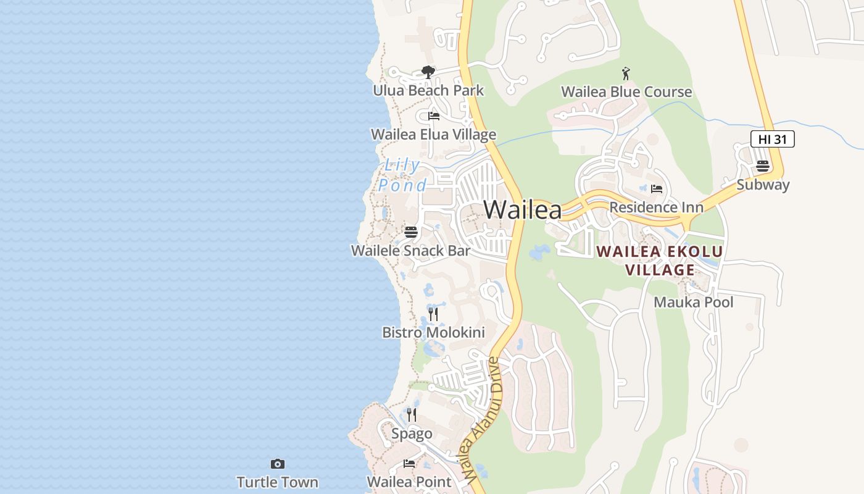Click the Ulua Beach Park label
tap(428, 91)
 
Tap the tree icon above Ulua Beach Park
tap(428, 73)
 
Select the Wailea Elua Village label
tap(433, 135)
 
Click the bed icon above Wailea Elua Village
tap(434, 116)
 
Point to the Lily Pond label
tap(402, 175)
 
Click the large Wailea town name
tap(523, 210)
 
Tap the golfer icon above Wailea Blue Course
tap(626, 73)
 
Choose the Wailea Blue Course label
tap(626, 92)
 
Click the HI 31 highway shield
tap(772, 139)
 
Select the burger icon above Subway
tap(763, 166)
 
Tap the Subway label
tap(763, 185)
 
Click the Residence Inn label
tap(656, 207)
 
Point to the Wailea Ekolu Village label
tap(660, 261)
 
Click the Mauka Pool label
tap(694, 302)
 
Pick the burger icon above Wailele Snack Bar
tap(411, 233)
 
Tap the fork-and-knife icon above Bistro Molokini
tap(433, 314)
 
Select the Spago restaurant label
tap(412, 433)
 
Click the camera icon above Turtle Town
tap(278, 464)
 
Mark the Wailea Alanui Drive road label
tap(482, 420)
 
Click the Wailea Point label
tap(409, 482)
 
